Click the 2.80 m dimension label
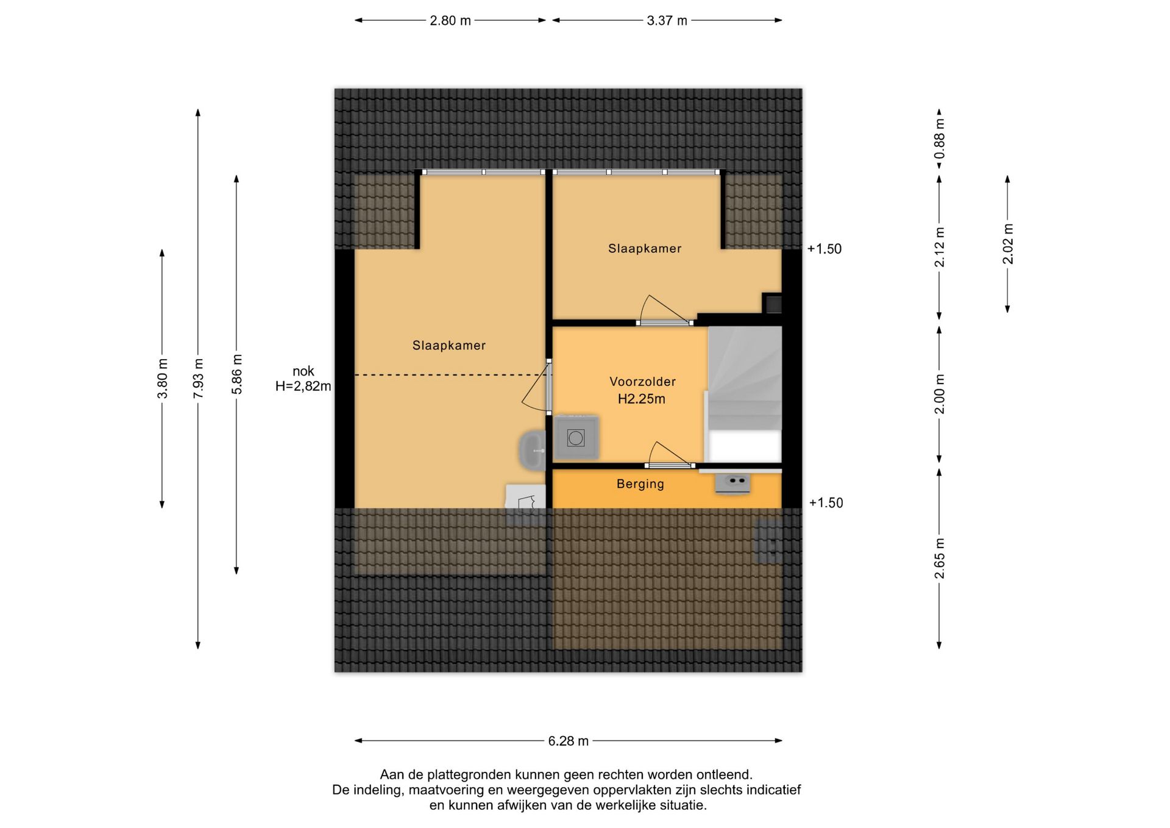click(x=450, y=21)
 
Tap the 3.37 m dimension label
click(x=667, y=21)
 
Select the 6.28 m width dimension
click(x=569, y=741)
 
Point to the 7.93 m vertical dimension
click(x=198, y=379)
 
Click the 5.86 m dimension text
click(x=236, y=374)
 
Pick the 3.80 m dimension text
click(x=162, y=379)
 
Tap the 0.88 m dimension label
click(x=940, y=138)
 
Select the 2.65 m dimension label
click(x=940, y=559)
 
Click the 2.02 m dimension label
click(x=1008, y=244)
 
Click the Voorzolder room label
click(x=642, y=382)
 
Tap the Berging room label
click(x=640, y=484)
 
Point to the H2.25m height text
click(x=642, y=399)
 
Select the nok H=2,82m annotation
click(x=303, y=379)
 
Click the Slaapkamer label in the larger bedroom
click(x=449, y=346)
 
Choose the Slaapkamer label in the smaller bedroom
click(x=645, y=249)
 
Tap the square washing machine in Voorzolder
click(x=576, y=438)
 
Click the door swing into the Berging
click(x=669, y=455)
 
